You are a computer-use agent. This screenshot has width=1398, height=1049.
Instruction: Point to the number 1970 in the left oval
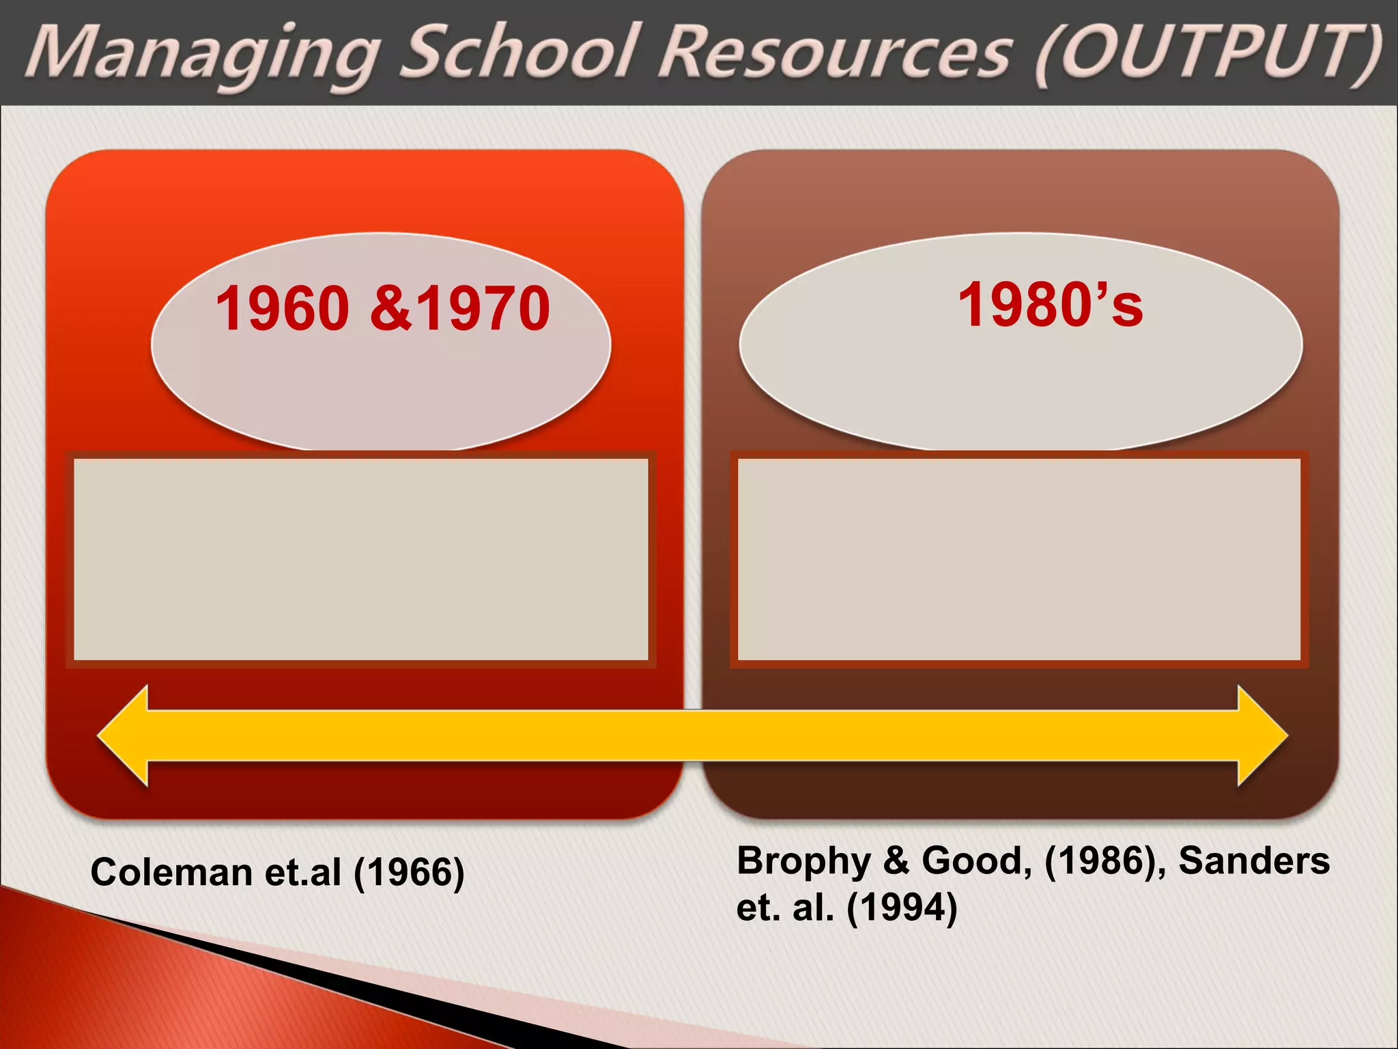click(483, 309)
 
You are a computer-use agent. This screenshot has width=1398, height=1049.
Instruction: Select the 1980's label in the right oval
click(1050, 305)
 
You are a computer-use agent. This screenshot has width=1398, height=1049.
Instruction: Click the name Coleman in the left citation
click(171, 873)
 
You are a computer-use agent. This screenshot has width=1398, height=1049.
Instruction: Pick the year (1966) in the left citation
click(408, 873)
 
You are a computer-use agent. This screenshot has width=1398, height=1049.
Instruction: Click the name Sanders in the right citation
click(1254, 861)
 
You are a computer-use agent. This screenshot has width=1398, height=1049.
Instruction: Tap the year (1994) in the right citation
click(901, 908)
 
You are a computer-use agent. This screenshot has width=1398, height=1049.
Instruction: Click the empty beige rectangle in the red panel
click(360, 559)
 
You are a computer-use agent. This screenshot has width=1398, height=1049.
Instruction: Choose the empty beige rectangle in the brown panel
click(1018, 559)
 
